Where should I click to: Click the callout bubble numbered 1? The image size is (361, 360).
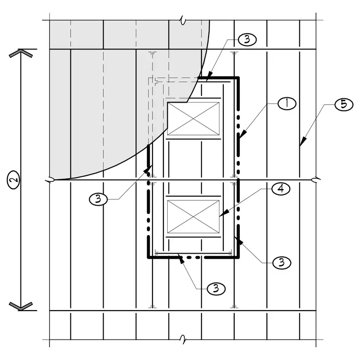(287, 104)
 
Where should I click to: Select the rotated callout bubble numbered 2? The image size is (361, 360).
(14, 180)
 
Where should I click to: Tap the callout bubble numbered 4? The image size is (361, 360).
(281, 189)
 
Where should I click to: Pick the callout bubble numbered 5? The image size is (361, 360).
(344, 104)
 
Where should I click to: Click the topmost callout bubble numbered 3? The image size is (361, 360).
(247, 39)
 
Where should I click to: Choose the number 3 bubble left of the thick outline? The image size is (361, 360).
(98, 199)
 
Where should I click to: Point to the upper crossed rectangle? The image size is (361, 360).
(193, 119)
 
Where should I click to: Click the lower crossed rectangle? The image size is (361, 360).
(193, 217)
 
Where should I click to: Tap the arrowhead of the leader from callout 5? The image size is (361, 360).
(303, 142)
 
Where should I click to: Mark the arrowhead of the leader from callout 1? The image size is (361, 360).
(242, 134)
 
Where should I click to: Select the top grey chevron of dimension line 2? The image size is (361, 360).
(21, 53)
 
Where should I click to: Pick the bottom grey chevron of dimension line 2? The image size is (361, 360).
(21, 306)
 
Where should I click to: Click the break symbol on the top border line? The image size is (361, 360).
(183, 20)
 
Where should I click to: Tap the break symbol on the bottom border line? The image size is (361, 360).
(183, 340)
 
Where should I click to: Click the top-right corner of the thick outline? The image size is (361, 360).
(238, 78)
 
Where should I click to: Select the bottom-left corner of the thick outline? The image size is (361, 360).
(149, 257)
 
